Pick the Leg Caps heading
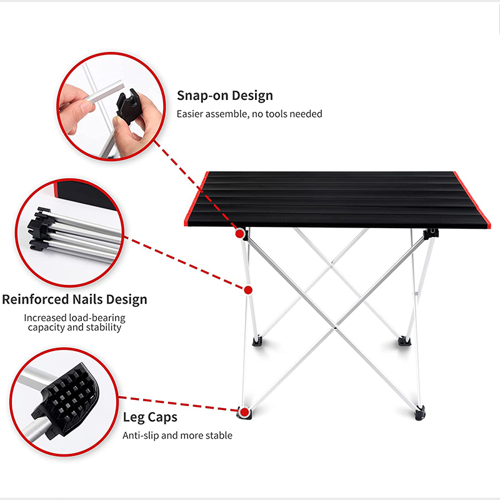(x=149, y=417)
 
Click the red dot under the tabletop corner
(x=239, y=234)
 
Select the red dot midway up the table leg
(x=248, y=290)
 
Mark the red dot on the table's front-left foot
(x=243, y=412)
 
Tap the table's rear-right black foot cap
(x=402, y=341)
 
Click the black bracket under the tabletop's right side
(x=431, y=234)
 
